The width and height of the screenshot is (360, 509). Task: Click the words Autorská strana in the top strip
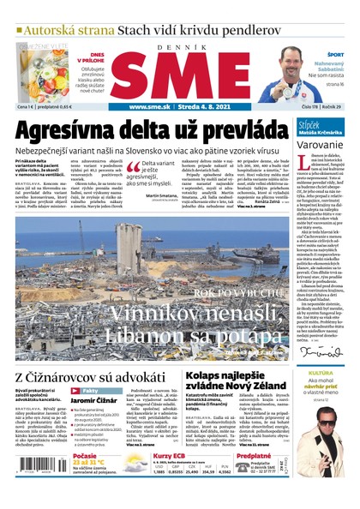(66, 30)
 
